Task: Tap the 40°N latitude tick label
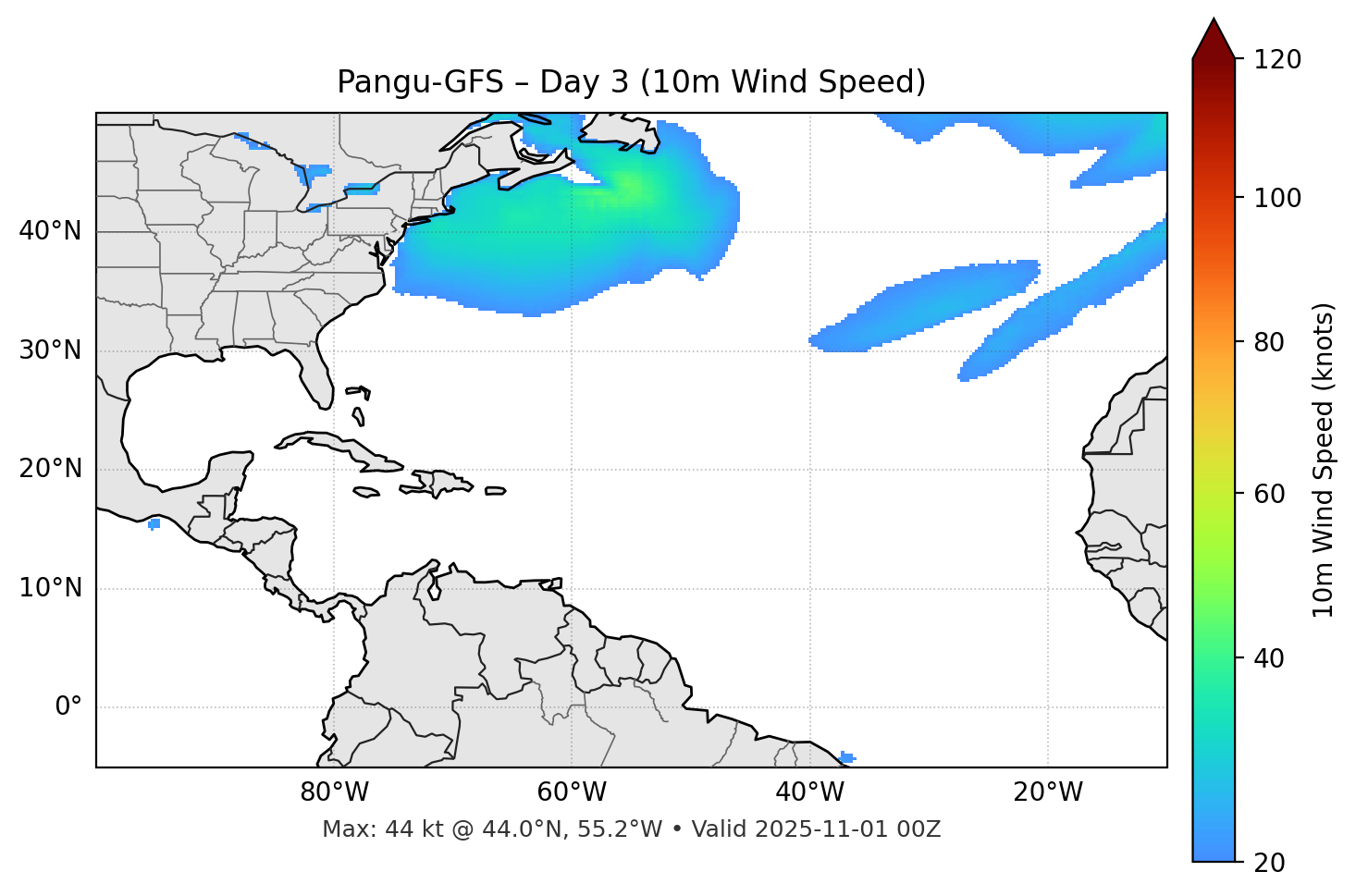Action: [50, 231]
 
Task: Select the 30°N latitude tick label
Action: [50, 350]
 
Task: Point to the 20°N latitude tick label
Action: [50, 469]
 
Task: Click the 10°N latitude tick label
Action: [50, 588]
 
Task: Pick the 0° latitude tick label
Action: [68, 707]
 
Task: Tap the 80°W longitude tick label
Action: [334, 792]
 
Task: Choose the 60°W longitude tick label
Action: [572, 792]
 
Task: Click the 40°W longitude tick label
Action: [810, 792]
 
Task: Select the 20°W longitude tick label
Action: [1048, 792]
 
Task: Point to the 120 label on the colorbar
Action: [1277, 60]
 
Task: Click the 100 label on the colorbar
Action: [1277, 198]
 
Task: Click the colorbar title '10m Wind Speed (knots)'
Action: [1324, 460]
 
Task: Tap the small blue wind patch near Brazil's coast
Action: [846, 757]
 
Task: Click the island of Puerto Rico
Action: [496, 491]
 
